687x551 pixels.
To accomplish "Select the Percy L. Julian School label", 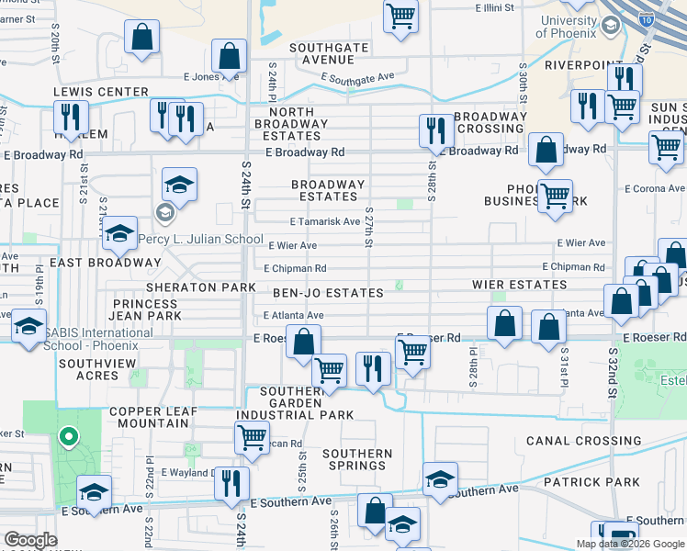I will pyautogui.click(x=200, y=239).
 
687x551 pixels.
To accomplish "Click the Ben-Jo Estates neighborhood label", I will pyautogui.click(x=328, y=293).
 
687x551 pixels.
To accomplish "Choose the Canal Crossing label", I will pyautogui.click(x=583, y=441).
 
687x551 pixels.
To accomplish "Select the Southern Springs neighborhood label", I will pyautogui.click(x=357, y=459).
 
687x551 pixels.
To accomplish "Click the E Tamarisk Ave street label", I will pyautogui.click(x=323, y=221).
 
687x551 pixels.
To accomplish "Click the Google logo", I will pyautogui.click(x=30, y=540).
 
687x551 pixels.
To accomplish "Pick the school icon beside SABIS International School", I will pyautogui.click(x=28, y=325).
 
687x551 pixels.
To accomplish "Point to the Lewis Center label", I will pyautogui.click(x=101, y=92).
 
